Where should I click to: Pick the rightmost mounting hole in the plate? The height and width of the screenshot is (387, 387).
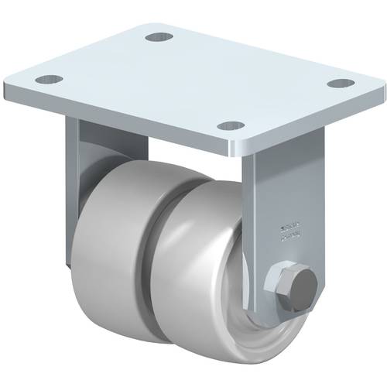point(337,83)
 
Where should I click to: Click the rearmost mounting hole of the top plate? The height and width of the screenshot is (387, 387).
point(159,36)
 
